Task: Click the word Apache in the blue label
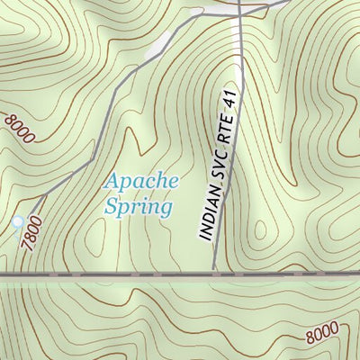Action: click(x=142, y=181)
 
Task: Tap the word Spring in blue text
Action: click(x=137, y=207)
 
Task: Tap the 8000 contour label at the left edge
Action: click(x=19, y=129)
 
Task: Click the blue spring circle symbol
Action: click(x=17, y=221)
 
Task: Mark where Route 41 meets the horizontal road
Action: click(x=214, y=272)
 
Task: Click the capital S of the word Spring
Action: click(x=112, y=207)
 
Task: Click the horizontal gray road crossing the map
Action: click(x=108, y=272)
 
